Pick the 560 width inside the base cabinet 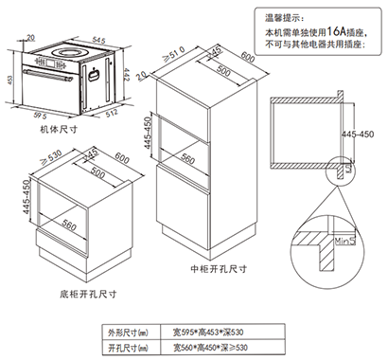69,226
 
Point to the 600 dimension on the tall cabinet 248,58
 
